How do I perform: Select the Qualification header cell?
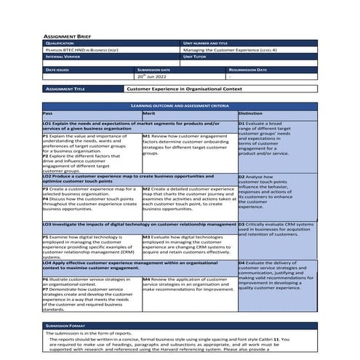point(63,43)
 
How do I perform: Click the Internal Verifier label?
point(65,55)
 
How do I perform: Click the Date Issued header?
point(57,69)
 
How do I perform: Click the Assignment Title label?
point(65,89)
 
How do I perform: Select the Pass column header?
point(47,113)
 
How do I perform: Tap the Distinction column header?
point(250,113)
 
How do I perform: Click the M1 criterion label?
point(146,135)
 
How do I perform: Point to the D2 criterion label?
point(242,177)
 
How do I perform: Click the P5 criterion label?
point(46,237)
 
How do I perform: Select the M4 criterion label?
point(146,279)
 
